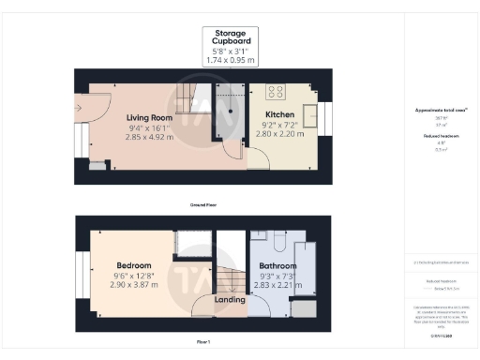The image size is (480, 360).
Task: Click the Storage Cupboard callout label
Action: click(230, 40)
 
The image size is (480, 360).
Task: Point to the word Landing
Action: click(230, 300)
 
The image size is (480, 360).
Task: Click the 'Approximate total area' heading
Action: click(441, 111)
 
